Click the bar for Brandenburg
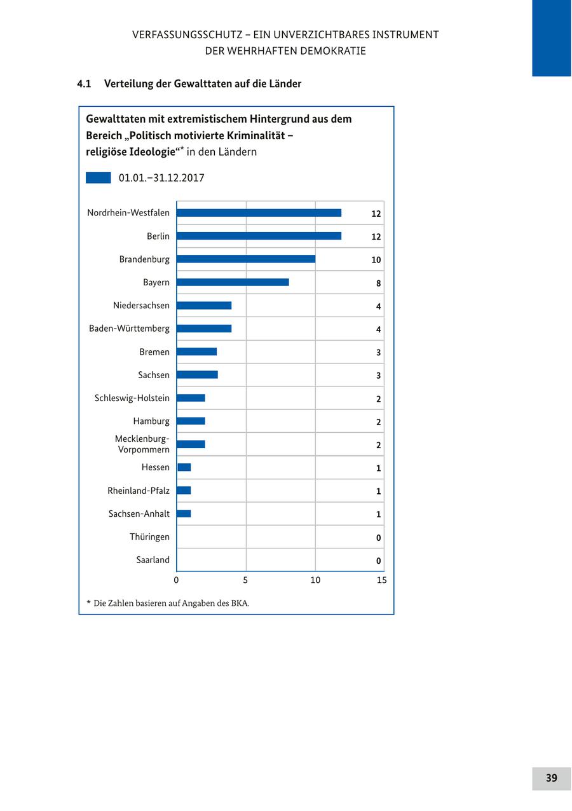(x=246, y=259)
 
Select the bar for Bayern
(x=233, y=282)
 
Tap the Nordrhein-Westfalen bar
(x=259, y=213)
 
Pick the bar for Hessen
(x=184, y=467)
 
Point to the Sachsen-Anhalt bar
(x=184, y=514)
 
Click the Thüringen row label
(x=149, y=537)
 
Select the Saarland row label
(x=153, y=560)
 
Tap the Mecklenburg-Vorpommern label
(x=142, y=444)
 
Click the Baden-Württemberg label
(x=129, y=329)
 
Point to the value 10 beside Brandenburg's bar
(x=376, y=260)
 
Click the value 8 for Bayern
(x=378, y=283)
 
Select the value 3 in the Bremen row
(x=378, y=353)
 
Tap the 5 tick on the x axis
(x=245, y=580)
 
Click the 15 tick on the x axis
(x=381, y=580)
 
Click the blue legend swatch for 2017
(x=98, y=178)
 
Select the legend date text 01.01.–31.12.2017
(x=161, y=178)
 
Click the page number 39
(x=551, y=778)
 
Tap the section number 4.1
(x=85, y=84)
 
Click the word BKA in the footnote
(x=241, y=603)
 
